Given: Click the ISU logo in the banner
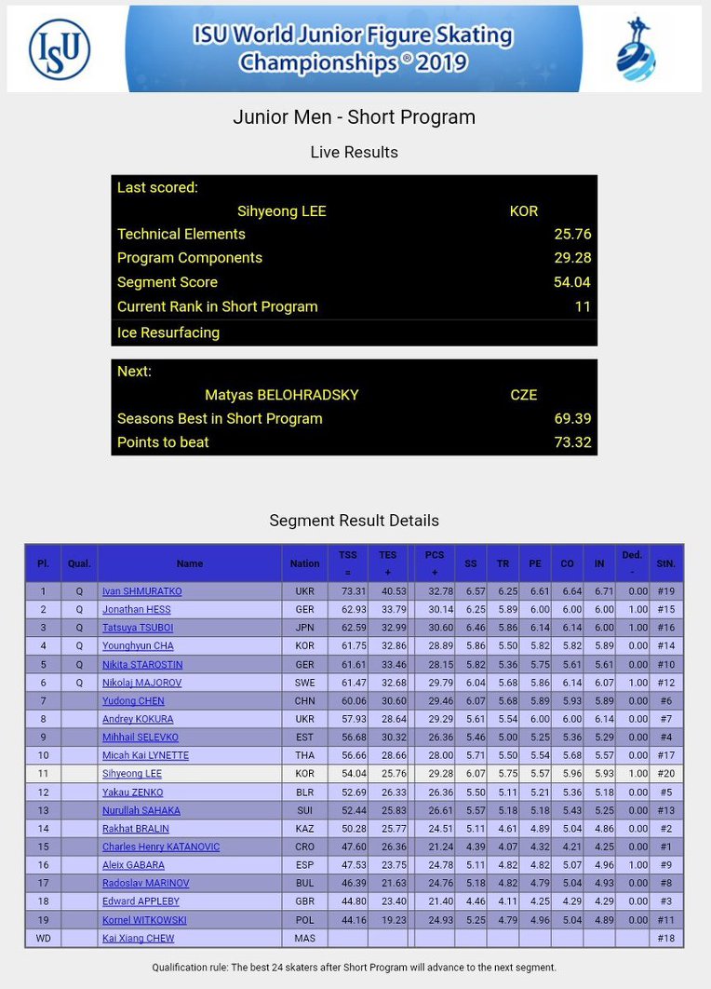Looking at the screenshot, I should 60,48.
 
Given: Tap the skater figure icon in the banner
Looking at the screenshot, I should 637,49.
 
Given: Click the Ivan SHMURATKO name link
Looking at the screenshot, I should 142,591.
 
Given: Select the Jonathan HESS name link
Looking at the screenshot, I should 137,610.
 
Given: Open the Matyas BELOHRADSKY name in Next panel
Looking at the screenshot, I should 281,395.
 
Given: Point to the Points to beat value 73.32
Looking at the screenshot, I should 572,442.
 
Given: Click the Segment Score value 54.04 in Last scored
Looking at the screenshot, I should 572,282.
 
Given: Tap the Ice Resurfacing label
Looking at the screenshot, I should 168,332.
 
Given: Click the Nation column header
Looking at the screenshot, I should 304,563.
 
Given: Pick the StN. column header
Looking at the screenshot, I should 666,563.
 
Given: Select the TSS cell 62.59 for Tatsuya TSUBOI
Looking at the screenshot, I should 347,628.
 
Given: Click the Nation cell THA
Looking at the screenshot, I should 304,755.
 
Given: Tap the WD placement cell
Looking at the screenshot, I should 43,939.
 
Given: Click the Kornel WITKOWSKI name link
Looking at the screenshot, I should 144,920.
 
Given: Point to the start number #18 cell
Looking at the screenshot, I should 665,939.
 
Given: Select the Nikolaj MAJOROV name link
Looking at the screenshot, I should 141,683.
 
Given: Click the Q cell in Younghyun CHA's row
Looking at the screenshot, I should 79,646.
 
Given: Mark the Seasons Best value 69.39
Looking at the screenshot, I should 572,419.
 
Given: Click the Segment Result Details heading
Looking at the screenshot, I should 354,521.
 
